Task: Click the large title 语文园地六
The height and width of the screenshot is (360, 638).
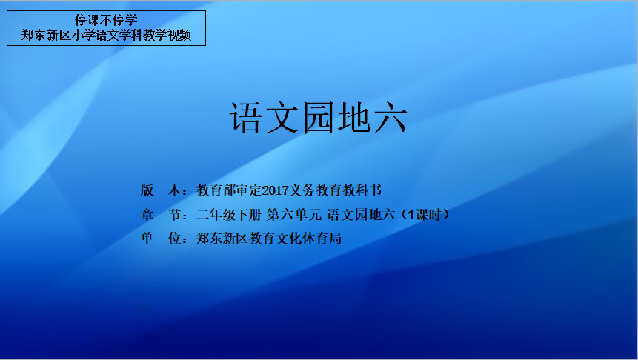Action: [x=318, y=118]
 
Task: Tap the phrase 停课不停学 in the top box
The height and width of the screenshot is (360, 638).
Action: [x=106, y=20]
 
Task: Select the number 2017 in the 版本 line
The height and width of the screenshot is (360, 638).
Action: [x=276, y=190]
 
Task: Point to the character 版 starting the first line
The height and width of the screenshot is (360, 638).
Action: [x=147, y=190]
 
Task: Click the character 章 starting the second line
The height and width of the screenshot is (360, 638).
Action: [x=147, y=214]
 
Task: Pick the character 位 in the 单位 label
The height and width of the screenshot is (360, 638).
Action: [x=175, y=239]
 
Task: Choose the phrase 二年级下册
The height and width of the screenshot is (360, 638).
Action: [x=229, y=214]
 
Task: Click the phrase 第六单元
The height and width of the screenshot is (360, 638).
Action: [x=293, y=214]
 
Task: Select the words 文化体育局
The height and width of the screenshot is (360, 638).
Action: [x=308, y=239]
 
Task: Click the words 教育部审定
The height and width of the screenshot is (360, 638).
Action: [x=229, y=190]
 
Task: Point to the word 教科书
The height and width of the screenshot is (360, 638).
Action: [x=362, y=190]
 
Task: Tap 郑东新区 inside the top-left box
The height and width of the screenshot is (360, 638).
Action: [x=46, y=36]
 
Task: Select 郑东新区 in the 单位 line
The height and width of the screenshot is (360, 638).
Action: [x=222, y=239]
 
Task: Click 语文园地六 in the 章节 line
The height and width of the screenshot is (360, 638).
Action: [x=361, y=214]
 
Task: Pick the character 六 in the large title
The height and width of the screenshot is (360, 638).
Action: [x=391, y=119]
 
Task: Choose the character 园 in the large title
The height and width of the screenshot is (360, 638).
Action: [x=318, y=118]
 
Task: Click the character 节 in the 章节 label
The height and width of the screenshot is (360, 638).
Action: [x=175, y=214]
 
